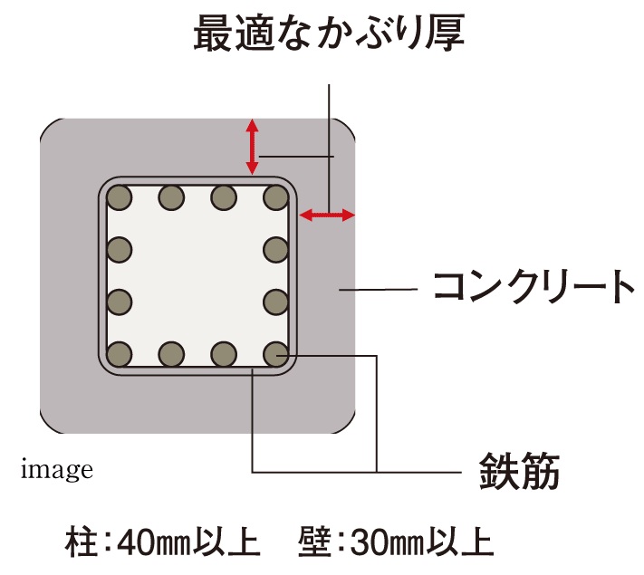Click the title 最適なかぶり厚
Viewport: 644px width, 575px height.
tap(329, 33)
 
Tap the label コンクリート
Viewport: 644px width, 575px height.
tap(533, 287)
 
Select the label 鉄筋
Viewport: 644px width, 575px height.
tap(519, 471)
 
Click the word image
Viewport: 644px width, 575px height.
tap(57, 470)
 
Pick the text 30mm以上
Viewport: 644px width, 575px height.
tap(421, 542)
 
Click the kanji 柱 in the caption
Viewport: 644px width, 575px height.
tap(82, 542)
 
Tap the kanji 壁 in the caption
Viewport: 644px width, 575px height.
tap(314, 542)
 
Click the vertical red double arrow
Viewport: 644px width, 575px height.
tap(252, 147)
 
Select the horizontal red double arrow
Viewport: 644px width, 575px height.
tap(327, 215)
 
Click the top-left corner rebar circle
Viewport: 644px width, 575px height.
tap(119, 197)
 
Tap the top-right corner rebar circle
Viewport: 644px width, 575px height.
tap(275, 197)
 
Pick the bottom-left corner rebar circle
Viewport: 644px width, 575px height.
tap(119, 354)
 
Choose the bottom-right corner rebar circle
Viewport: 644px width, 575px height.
tap(275, 354)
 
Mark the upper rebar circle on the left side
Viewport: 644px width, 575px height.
tap(119, 250)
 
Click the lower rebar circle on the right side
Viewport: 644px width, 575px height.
tap(275, 302)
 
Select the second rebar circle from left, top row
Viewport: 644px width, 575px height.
tap(171, 197)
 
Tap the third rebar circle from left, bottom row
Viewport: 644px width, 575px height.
tap(224, 354)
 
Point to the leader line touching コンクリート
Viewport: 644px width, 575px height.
tap(379, 290)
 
